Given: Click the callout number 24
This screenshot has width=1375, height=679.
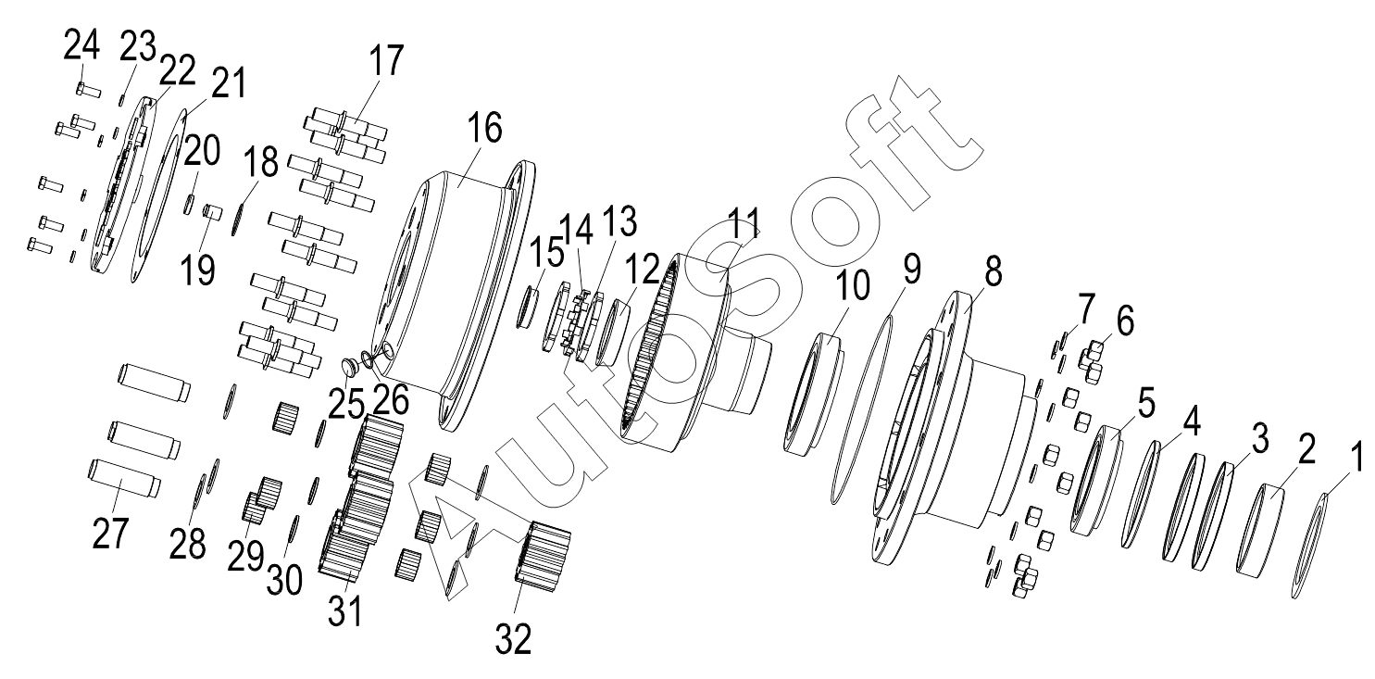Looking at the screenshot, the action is click(81, 45).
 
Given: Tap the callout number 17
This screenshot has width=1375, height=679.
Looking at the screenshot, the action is click(387, 60).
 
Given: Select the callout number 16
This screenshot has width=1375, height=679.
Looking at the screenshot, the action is click(484, 129).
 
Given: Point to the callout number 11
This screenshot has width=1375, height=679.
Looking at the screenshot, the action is click(744, 223).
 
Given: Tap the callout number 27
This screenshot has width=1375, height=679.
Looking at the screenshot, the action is click(111, 533).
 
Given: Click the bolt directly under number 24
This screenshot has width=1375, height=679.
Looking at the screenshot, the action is click(88, 90).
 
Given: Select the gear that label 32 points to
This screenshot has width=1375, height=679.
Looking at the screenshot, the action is click(543, 556).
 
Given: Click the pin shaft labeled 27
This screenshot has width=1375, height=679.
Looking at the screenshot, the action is click(125, 479).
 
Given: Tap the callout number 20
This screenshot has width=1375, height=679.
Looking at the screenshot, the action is click(202, 150).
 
